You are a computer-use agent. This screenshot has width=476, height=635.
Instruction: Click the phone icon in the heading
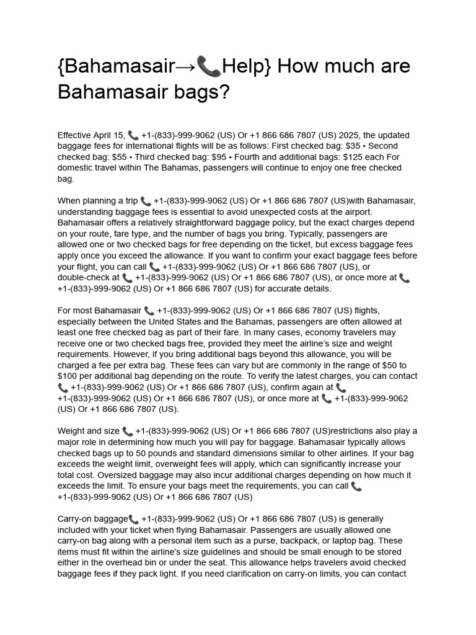coord(209,66)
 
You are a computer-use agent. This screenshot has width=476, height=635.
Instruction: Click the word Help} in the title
coord(246,66)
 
